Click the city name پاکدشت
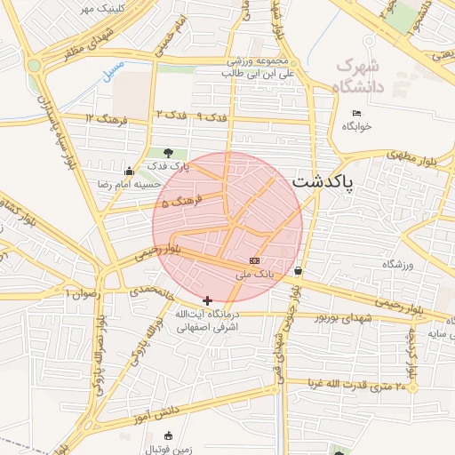323,181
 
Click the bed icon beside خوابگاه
356,113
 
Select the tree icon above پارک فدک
169,153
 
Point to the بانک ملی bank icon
255,260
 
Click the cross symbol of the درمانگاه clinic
208,301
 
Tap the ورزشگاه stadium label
400,265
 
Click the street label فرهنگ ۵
184,203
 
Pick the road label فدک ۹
212,116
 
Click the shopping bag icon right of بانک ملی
297,271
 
